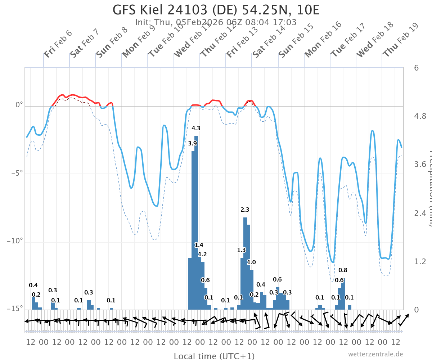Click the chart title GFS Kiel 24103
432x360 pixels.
216,10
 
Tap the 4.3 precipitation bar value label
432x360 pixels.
196,128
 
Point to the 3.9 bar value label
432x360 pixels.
193,143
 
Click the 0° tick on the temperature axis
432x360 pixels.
19,106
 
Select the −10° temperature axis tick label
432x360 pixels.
15,241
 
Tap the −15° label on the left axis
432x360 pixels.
15,309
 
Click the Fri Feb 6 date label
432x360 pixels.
58,44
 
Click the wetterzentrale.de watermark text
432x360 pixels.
375,354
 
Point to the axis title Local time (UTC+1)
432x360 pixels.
214,356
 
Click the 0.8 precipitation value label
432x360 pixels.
343,270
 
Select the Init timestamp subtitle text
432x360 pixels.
216,22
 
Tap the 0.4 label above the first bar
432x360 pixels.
33,285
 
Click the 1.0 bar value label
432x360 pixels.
251,262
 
